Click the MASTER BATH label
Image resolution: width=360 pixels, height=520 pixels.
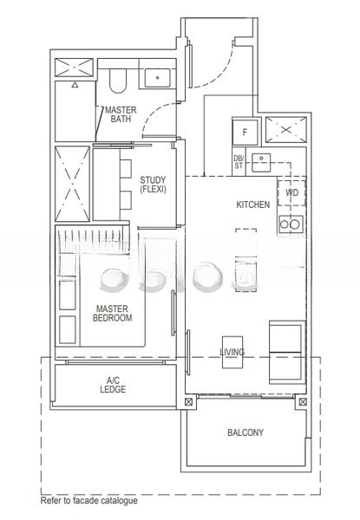121,114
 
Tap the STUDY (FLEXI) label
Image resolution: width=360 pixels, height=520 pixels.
153,185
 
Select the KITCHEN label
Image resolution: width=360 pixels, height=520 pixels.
252,205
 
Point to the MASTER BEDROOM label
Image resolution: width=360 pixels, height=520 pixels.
112,314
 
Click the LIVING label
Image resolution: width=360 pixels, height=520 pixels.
232,352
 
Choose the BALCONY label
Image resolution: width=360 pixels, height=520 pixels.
245,432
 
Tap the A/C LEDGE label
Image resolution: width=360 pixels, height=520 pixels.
113,385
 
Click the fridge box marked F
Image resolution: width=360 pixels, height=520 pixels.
245,132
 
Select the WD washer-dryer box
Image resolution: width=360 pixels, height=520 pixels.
291,192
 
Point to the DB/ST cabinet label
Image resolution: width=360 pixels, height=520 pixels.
239,162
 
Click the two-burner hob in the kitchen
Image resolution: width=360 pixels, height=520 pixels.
291,224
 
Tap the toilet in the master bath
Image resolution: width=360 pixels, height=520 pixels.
118,81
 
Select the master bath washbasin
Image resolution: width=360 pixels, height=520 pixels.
157,78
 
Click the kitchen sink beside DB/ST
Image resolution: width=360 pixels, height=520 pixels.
261,163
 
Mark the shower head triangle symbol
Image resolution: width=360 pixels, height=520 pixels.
75,85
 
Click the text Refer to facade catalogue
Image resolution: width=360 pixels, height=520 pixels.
89,500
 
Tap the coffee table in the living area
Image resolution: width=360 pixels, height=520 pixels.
232,352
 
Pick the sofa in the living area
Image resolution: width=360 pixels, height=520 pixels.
287,352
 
